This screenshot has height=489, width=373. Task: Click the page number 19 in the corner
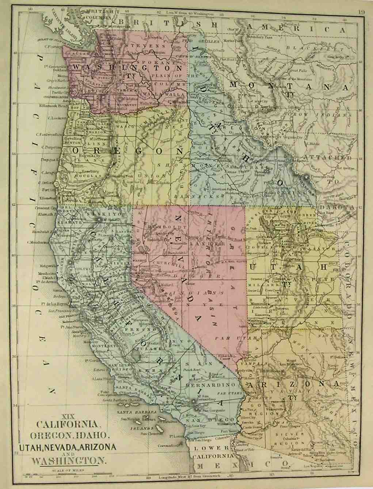pyautogui.click(x=361, y=12)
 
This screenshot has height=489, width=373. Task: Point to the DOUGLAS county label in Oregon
pyautogui.click(x=87, y=176)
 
